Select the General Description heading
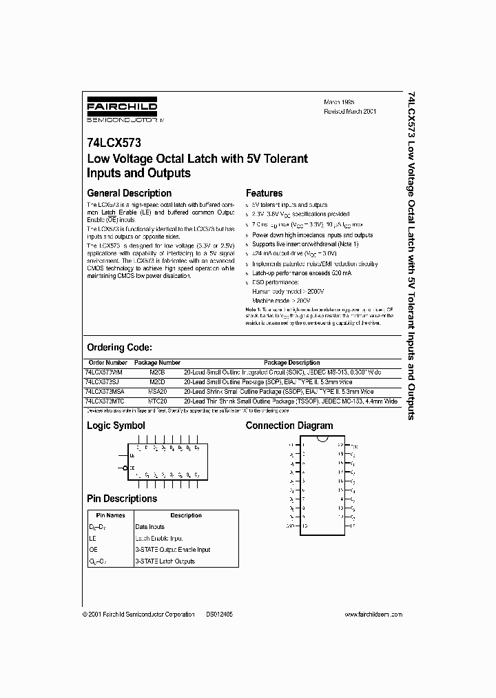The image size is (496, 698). [129, 193]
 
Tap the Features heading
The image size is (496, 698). [264, 193]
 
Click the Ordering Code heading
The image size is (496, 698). [118, 348]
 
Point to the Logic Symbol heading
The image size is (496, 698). [116, 426]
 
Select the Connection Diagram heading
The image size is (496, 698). [289, 426]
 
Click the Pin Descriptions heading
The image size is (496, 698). [121, 499]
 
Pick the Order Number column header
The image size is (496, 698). [108, 363]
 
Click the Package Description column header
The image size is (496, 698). [291, 363]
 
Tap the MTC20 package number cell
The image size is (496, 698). [157, 400]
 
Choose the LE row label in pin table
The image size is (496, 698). [93, 538]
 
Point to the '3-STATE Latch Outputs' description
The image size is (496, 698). [165, 561]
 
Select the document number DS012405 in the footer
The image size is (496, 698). [219, 614]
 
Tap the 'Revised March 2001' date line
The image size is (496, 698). [350, 110]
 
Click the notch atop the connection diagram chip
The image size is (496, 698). [322, 439]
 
